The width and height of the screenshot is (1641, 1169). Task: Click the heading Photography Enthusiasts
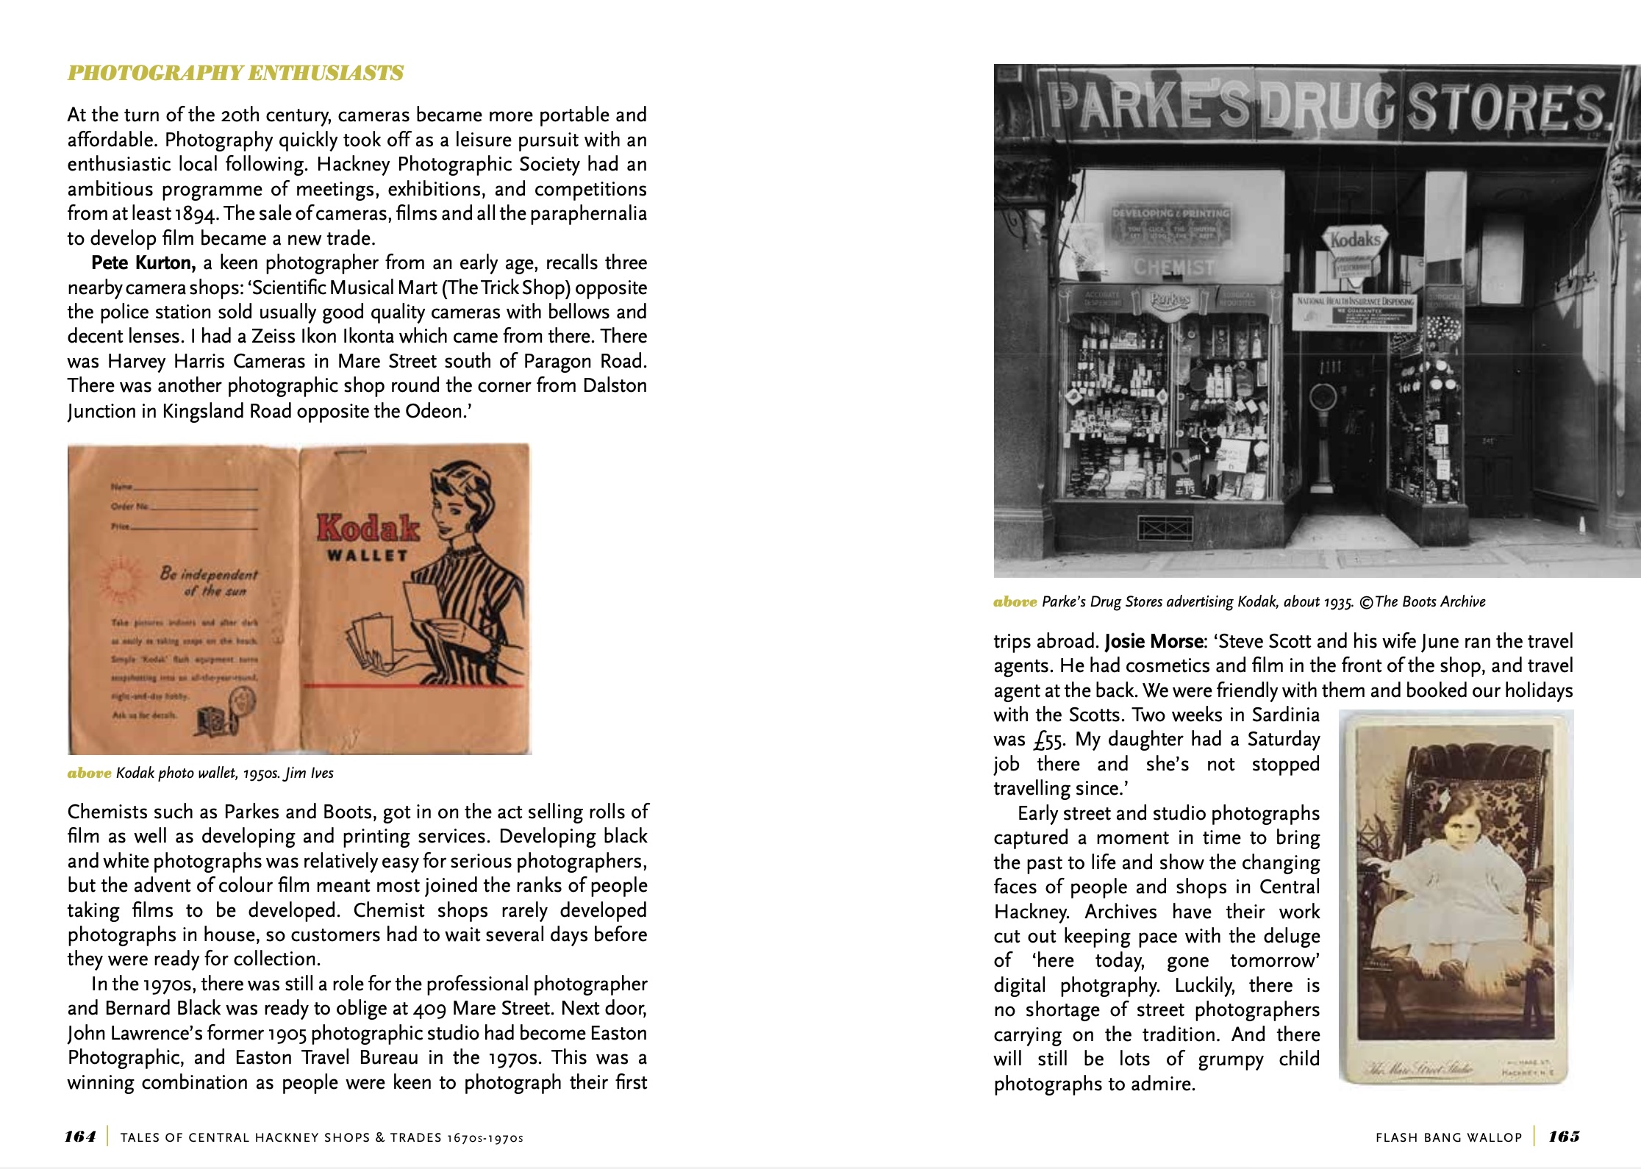235,74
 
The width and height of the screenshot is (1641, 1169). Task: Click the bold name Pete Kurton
143,263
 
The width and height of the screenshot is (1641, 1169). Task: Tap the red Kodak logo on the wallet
368,528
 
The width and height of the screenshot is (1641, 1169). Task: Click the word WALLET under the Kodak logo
367,556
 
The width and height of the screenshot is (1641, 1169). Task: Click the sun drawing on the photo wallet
117,580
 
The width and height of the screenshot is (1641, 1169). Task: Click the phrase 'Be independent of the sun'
209,582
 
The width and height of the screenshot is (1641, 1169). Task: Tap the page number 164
80,1137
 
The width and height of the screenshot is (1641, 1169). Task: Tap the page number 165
1564,1137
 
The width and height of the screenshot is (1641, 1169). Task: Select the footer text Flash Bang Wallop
1448,1137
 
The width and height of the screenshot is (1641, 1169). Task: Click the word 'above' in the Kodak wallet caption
89,773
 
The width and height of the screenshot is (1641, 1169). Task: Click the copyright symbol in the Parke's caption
1365,602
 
